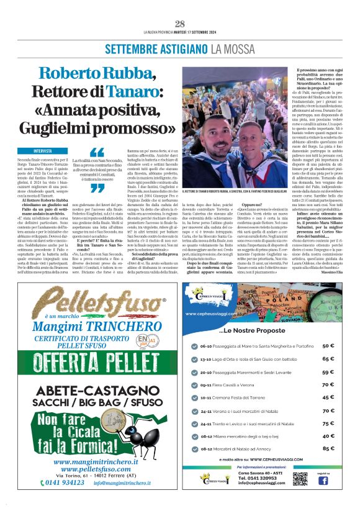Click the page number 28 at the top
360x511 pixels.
pyautogui.click(x=180, y=24)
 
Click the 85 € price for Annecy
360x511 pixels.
pyautogui.click(x=328, y=447)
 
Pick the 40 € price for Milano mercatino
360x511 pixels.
pyautogui.click(x=328, y=435)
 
